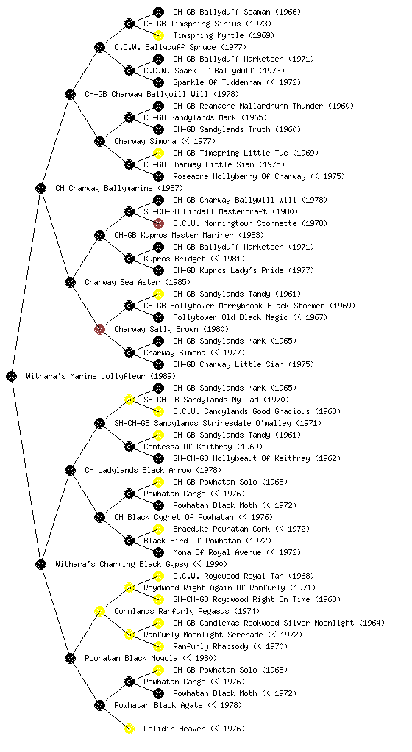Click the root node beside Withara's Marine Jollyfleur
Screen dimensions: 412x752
12,376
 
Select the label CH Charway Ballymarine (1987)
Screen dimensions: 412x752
119,188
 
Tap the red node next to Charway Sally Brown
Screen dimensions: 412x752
99,329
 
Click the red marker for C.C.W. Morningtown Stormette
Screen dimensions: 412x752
158,223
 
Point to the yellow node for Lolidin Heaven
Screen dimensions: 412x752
129,728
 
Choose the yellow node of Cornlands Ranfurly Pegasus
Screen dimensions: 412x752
99,611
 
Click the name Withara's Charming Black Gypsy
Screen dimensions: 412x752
122,564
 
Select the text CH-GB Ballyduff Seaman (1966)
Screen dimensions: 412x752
237,12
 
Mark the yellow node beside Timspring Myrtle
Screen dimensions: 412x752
158,35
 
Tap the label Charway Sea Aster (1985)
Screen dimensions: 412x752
138,282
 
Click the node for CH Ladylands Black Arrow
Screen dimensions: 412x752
70,470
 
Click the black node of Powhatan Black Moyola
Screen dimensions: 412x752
70,658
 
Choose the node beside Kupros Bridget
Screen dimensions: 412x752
129,258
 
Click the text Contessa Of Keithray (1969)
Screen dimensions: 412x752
202,446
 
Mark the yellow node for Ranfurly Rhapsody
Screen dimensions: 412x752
158,646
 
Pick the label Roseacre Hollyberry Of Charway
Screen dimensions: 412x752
239,176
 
